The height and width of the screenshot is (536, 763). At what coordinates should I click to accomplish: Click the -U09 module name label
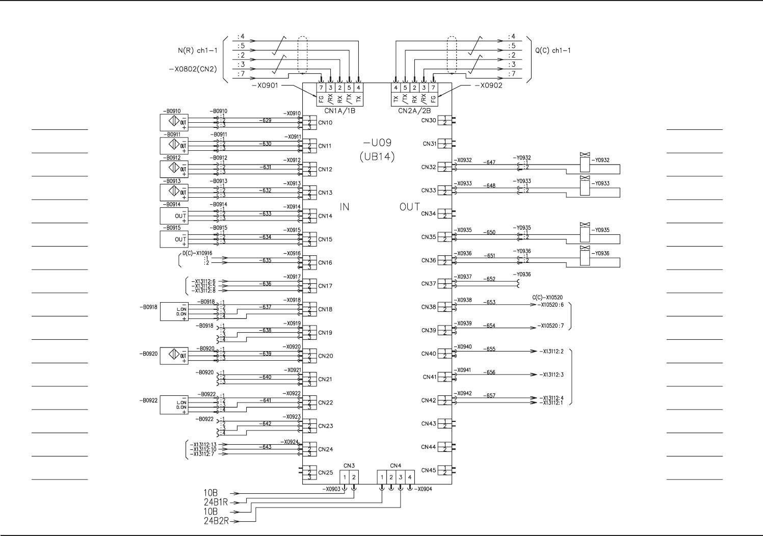point(378,143)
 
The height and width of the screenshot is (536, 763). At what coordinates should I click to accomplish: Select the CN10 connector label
point(325,123)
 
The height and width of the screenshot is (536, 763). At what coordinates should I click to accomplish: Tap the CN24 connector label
point(325,449)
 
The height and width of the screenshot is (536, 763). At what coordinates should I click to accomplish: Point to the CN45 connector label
point(429,470)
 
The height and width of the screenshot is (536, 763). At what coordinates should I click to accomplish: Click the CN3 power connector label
point(349,466)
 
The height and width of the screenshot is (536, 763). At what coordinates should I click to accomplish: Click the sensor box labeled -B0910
point(174,122)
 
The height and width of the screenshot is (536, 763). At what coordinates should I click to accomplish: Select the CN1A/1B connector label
point(340,110)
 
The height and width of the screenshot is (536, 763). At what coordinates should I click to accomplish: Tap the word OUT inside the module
point(410,207)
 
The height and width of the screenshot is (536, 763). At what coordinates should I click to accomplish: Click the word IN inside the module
point(345,207)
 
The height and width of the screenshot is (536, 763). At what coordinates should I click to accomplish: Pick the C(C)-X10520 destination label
point(547,298)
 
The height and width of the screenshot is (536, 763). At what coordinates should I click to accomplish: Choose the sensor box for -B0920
point(174,356)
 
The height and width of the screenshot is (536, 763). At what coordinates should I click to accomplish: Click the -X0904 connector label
point(424,489)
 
